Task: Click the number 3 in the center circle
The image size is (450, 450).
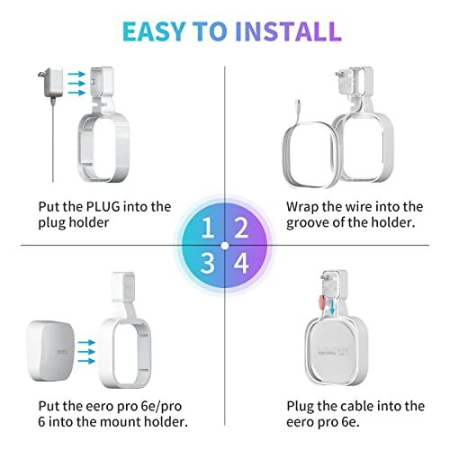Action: [209, 262]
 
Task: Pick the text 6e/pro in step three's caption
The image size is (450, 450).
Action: [136, 406]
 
